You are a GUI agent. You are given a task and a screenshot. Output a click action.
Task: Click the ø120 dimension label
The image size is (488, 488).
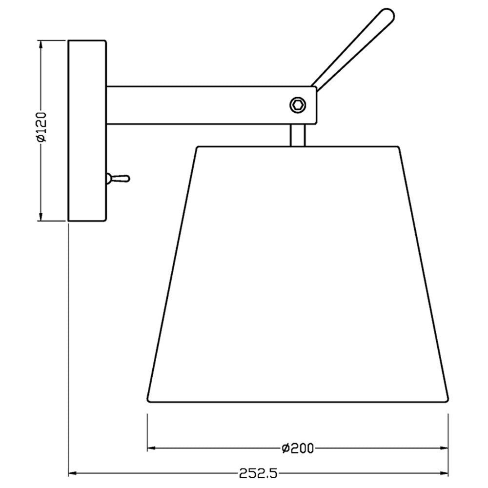coord(41,127)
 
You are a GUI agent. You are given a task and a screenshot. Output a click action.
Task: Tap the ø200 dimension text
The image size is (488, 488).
coord(298,448)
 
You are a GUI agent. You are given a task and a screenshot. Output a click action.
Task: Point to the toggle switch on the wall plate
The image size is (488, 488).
coord(118,179)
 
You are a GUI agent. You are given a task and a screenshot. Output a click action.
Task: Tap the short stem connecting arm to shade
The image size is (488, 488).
coord(298,135)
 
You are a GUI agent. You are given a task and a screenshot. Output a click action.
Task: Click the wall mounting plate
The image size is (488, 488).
coord(87,130)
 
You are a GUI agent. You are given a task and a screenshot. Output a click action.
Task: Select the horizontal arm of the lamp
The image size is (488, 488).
coord(212,105)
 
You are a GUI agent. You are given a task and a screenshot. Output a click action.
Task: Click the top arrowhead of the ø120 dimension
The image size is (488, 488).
coord(40,44)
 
